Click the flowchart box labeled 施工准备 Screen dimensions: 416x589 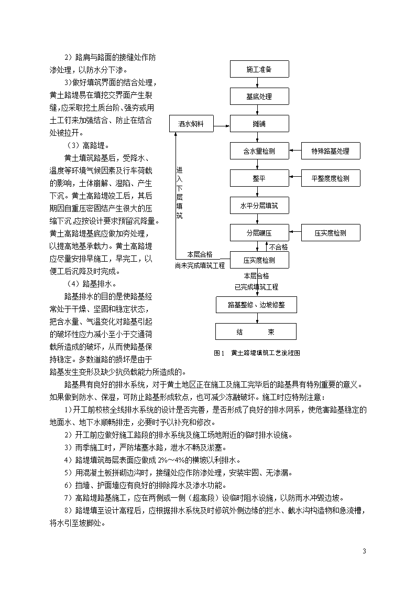click(259, 69)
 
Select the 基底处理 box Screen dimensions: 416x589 click(259, 97)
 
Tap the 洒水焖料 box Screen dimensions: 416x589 click(191, 124)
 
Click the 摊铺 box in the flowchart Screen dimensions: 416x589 click(259, 124)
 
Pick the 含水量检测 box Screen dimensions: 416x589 click(259, 151)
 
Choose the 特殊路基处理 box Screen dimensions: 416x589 click(331, 151)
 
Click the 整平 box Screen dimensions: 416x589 click(259, 178)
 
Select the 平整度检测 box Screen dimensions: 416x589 click(331, 178)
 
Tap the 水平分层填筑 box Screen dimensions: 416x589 click(259, 206)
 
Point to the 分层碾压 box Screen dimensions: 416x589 click(259, 233)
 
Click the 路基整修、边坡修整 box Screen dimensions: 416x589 click(256, 305)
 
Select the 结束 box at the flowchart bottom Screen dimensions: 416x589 click(256, 331)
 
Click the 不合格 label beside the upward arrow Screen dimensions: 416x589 click(279, 247)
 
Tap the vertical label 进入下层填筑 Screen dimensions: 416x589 click(179, 192)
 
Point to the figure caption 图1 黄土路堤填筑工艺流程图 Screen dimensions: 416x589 click(257, 353)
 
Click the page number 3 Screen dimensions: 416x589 click(364, 551)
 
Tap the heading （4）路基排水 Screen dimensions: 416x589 click(92, 284)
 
